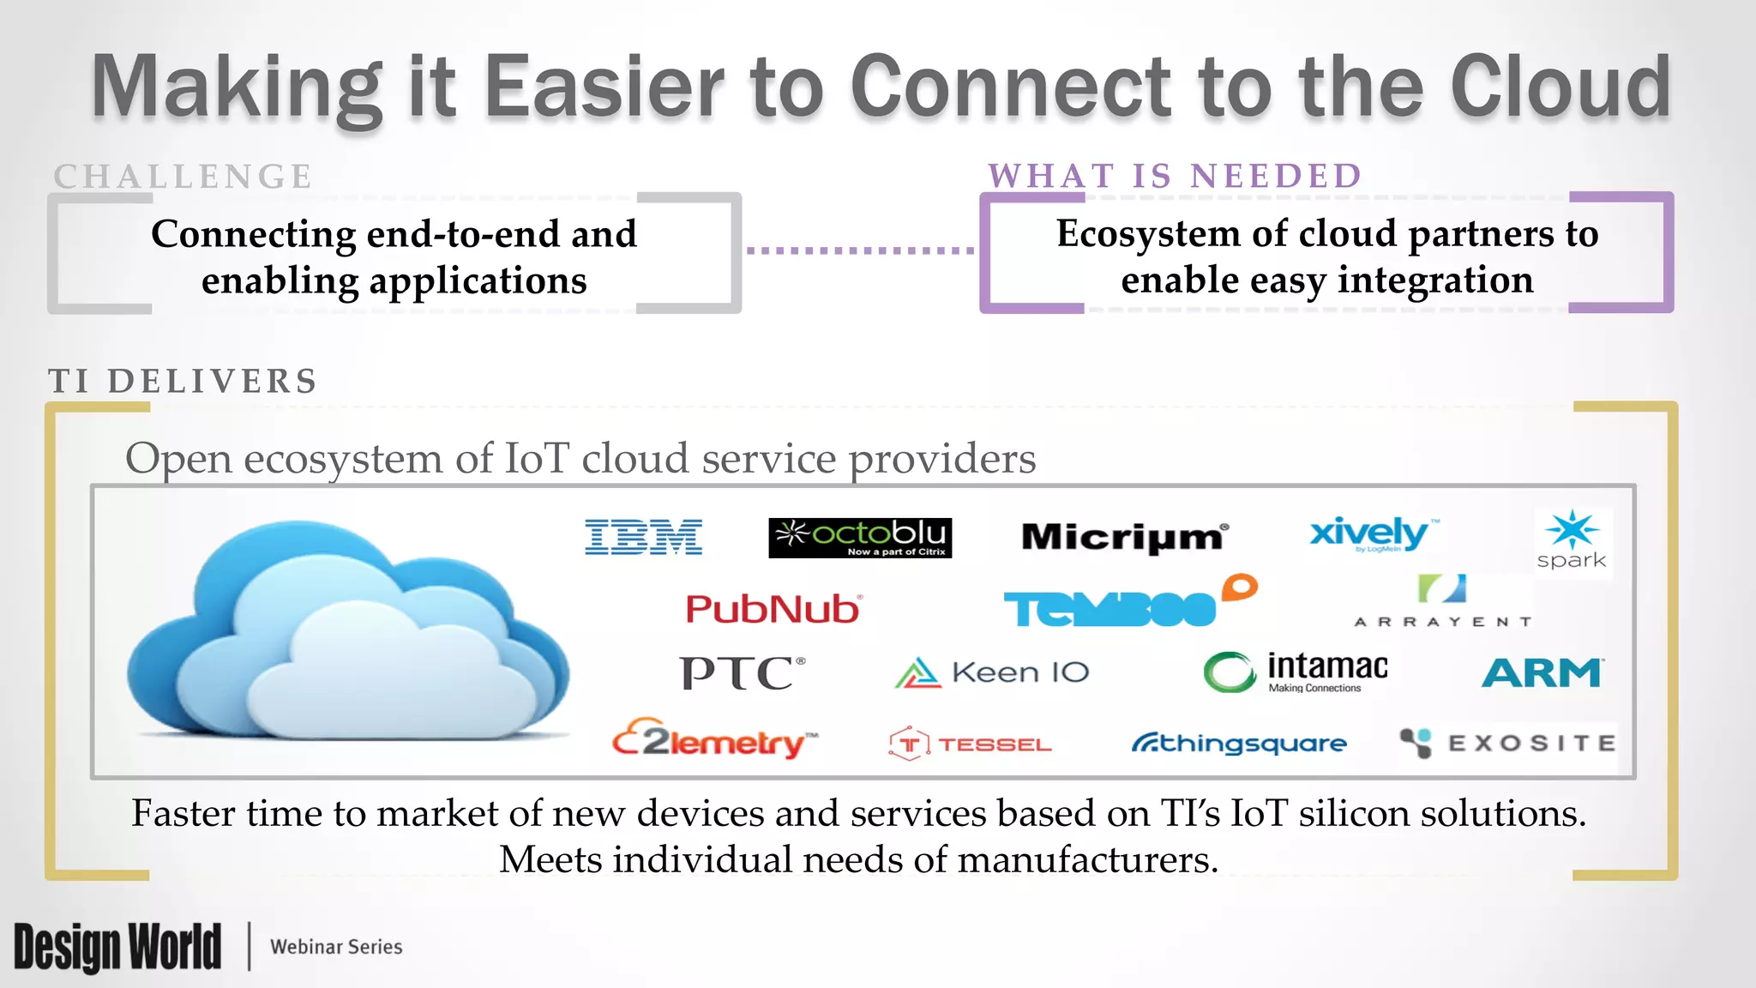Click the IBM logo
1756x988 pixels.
coord(643,537)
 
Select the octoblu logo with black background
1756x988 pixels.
coord(860,538)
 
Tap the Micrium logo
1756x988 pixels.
coord(1125,537)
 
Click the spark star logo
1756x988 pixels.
coord(1572,541)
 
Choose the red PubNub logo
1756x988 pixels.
coord(773,609)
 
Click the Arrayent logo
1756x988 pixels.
coord(1443,602)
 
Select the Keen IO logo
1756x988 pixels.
coord(992,672)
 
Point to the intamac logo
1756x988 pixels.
coord(1296,672)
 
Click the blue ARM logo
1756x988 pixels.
coord(1542,673)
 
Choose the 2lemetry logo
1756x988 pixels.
coord(714,740)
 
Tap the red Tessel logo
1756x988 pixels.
coord(970,744)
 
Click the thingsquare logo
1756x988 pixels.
coord(1239,743)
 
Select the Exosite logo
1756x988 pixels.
coord(1507,743)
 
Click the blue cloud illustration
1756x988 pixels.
coord(348,631)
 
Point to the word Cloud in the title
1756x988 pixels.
coord(1560,87)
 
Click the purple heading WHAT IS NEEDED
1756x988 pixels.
coord(1175,176)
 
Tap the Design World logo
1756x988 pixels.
coord(117,947)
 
